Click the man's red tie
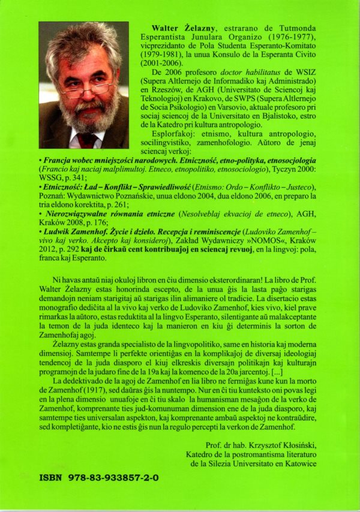[x=86, y=140]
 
